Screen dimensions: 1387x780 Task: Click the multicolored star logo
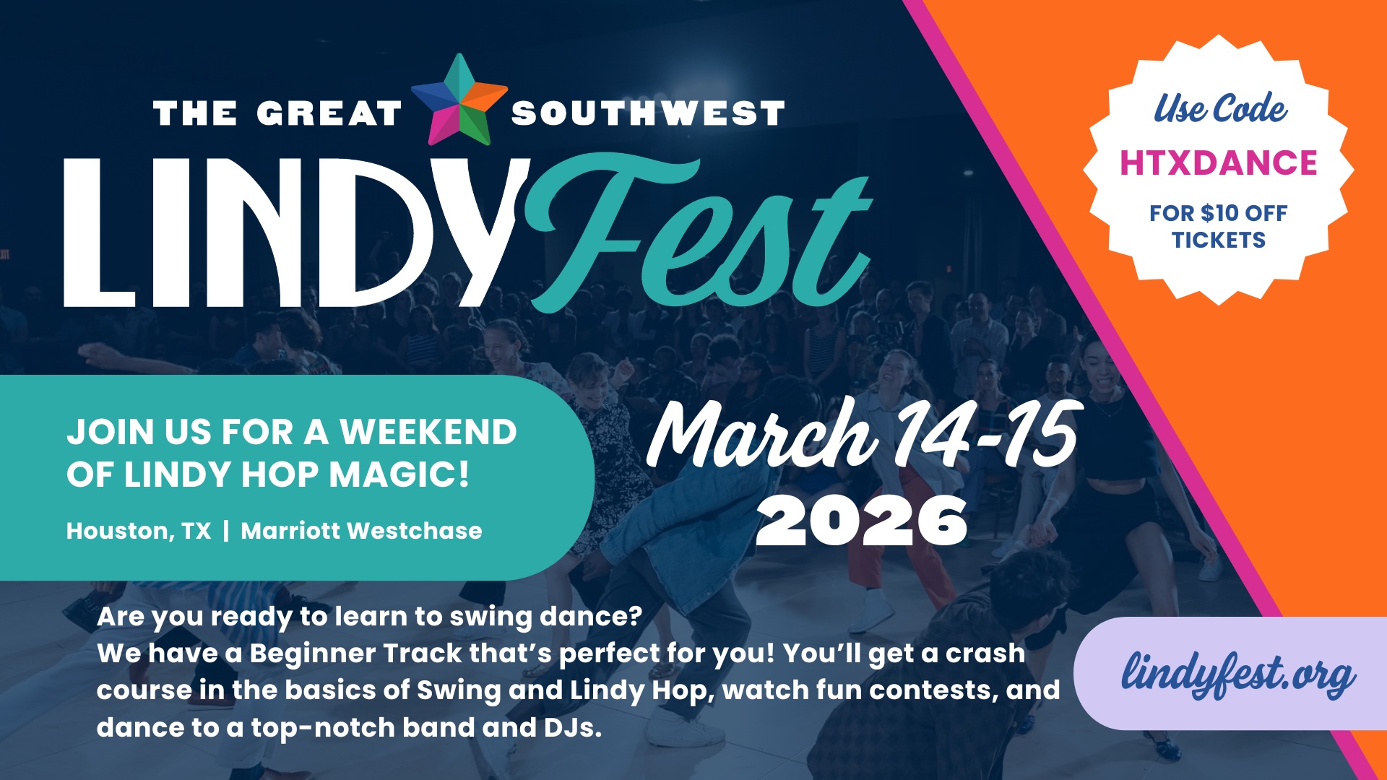459,100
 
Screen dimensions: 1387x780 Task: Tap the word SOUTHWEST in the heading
648,114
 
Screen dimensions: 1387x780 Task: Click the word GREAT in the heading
329,114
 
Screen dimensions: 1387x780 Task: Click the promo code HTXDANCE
1219,163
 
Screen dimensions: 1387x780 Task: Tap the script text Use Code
1220,109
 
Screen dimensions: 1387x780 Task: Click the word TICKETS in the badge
1219,240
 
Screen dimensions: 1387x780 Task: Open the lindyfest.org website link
1237,675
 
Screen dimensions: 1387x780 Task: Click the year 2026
861,521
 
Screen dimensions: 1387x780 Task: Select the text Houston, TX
139,531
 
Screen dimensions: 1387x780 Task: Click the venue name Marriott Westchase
361,531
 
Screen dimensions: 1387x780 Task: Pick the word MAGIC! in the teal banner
399,474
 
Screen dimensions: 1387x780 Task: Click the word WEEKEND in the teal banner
428,432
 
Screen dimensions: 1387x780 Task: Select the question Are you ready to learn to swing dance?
369,617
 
